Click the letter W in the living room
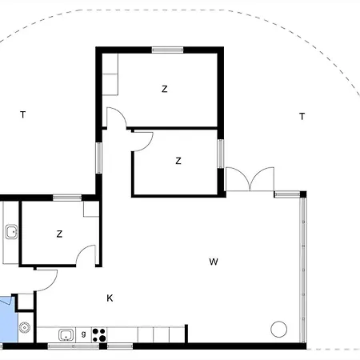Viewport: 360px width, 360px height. tap(214, 262)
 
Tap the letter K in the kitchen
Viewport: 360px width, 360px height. tap(110, 298)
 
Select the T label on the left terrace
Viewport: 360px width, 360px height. tap(23, 114)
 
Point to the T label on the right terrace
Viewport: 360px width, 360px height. tap(302, 116)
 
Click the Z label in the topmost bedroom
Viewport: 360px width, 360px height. tap(165, 89)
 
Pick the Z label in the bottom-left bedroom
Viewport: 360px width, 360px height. tap(59, 234)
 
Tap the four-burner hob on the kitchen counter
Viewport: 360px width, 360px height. tap(99, 335)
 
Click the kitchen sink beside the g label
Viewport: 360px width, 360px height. tap(66, 335)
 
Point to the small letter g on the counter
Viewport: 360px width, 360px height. tap(84, 334)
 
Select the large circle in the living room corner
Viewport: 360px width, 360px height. tap(279, 329)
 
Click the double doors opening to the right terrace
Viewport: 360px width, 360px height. tap(250, 179)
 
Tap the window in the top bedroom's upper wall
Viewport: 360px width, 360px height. tap(167, 50)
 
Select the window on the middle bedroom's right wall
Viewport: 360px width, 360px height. tap(221, 154)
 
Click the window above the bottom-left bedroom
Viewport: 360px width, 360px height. tap(67, 198)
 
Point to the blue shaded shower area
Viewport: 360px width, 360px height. tap(9, 319)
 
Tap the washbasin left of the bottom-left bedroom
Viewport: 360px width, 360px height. tap(11, 232)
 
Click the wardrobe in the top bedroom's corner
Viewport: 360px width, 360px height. tap(110, 74)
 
